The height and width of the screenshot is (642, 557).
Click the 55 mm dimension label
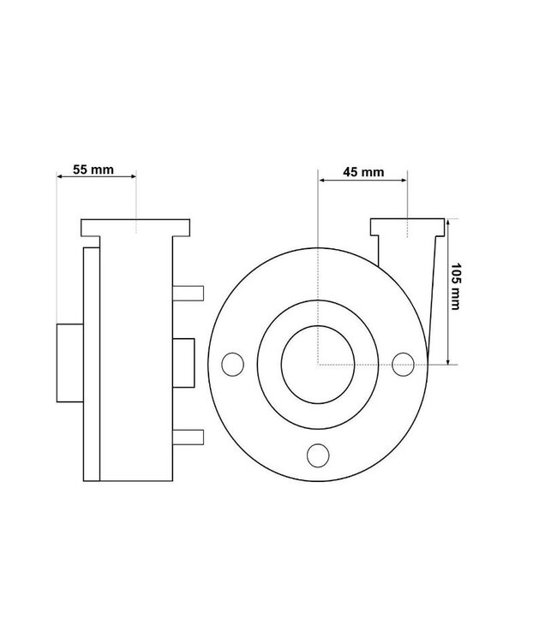click(93, 169)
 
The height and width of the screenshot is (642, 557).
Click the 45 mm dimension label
click(362, 172)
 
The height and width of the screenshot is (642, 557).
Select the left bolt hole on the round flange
click(230, 365)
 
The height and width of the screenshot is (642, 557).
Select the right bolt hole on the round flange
click(404, 365)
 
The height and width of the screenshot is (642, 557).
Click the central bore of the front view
click(317, 365)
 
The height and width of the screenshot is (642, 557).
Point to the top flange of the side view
click(135, 229)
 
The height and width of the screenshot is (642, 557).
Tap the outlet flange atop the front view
click(407, 228)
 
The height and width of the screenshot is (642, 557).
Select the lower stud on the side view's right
click(189, 437)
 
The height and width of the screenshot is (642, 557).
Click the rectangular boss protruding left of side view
click(69, 363)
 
